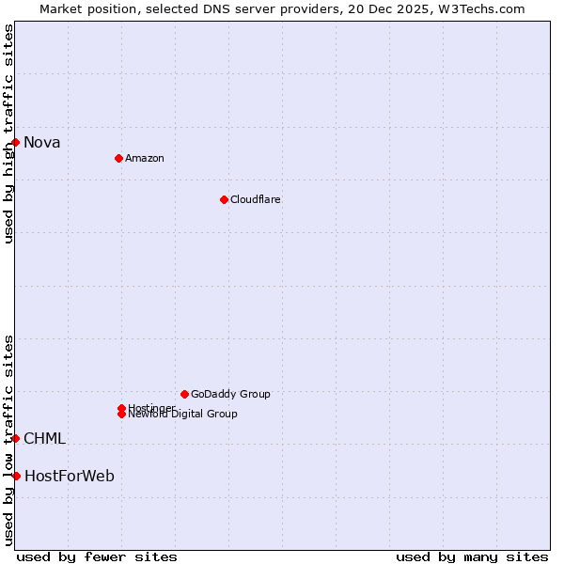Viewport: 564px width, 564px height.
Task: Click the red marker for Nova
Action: (x=16, y=142)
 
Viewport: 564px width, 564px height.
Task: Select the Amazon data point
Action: (x=118, y=158)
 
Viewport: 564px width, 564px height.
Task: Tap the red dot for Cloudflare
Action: (x=224, y=199)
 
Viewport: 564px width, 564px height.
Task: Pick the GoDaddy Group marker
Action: (x=184, y=394)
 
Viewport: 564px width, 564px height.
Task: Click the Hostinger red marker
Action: (x=121, y=408)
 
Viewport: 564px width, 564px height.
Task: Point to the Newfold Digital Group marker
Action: (x=121, y=415)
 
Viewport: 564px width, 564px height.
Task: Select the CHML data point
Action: (x=16, y=438)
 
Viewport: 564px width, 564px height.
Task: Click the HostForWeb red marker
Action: (x=16, y=476)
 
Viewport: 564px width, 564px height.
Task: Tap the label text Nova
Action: (x=42, y=143)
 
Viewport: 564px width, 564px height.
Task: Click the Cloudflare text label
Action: (x=255, y=199)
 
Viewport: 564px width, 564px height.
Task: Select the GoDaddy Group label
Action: (x=230, y=394)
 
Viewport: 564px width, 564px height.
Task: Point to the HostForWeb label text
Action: (x=70, y=477)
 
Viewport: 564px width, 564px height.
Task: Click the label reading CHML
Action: (x=45, y=439)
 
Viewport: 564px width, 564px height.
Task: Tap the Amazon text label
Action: (x=144, y=158)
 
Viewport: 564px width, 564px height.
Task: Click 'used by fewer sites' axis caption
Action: (x=97, y=556)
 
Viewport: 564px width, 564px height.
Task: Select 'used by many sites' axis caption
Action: (x=472, y=556)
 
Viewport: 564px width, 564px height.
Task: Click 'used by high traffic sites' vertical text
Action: (x=8, y=133)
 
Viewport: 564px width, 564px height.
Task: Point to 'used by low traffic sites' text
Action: (x=8, y=439)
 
